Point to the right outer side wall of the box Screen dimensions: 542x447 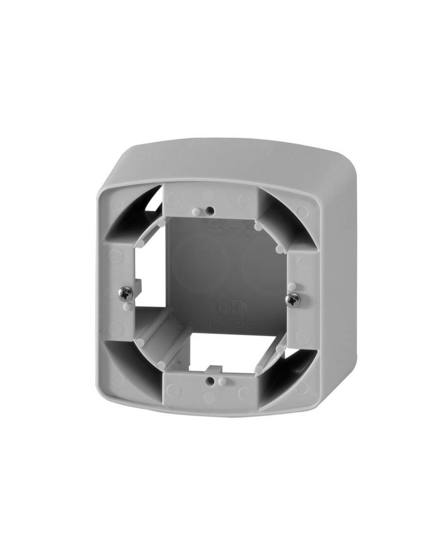342,282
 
